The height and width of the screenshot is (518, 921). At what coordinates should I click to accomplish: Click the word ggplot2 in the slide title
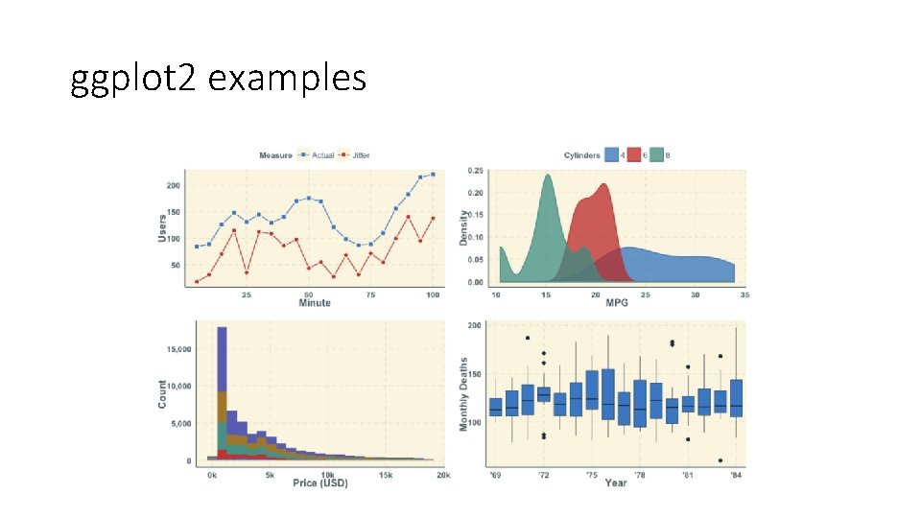(x=134, y=78)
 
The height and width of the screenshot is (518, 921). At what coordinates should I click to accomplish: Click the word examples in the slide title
(x=287, y=78)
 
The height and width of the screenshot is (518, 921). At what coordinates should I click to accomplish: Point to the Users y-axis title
(x=162, y=226)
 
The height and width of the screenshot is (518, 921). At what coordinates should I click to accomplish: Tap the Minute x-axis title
(x=314, y=303)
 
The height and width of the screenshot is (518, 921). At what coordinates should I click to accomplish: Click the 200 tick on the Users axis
(x=173, y=185)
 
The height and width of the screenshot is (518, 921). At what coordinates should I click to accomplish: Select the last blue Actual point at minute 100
(x=433, y=175)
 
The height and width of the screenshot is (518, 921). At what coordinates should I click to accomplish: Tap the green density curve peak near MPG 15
(x=547, y=177)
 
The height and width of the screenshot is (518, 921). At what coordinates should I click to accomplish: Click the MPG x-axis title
(x=617, y=303)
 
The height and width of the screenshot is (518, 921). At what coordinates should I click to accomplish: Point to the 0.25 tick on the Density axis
(x=475, y=172)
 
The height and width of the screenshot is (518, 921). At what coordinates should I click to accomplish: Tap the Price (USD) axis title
(x=319, y=483)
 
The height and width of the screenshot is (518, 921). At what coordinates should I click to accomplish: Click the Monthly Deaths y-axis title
(x=464, y=395)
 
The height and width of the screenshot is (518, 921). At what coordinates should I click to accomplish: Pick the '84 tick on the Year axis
(x=736, y=474)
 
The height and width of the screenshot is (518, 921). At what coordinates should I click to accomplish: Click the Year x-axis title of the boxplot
(x=615, y=483)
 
